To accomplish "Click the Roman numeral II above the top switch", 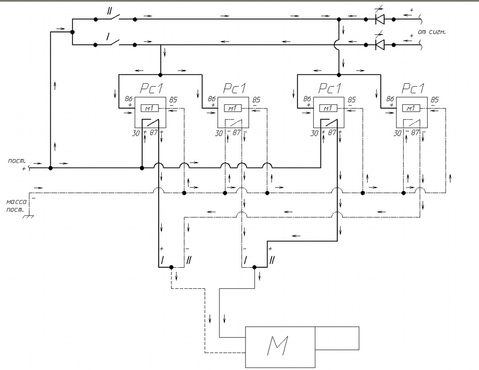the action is pyautogui.click(x=109, y=11).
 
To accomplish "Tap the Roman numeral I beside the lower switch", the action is pyautogui.click(x=108, y=37).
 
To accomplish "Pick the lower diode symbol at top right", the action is pyautogui.click(x=380, y=44).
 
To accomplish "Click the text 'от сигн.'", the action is pyautogui.click(x=431, y=32).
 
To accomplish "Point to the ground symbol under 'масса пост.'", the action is pyautogui.click(x=28, y=217).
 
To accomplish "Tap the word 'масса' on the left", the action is pyautogui.click(x=16, y=202).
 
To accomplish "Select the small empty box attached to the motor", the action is pyautogui.click(x=337, y=338).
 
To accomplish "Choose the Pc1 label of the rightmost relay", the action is pyautogui.click(x=413, y=89).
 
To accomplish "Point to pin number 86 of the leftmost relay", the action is pyautogui.click(x=129, y=99).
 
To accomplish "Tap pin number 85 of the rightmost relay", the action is pyautogui.click(x=435, y=100).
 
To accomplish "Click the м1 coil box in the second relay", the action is pyautogui.click(x=233, y=108).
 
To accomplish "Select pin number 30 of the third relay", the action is pyautogui.click(x=314, y=134).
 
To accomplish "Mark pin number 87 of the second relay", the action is pyautogui.click(x=237, y=133).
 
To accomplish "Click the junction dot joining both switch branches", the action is pyautogui.click(x=72, y=32).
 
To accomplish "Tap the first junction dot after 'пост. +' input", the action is pyautogui.click(x=51, y=168).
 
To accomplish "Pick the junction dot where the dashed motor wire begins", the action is pyautogui.click(x=171, y=267).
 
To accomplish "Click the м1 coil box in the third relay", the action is pyautogui.click(x=328, y=108).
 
